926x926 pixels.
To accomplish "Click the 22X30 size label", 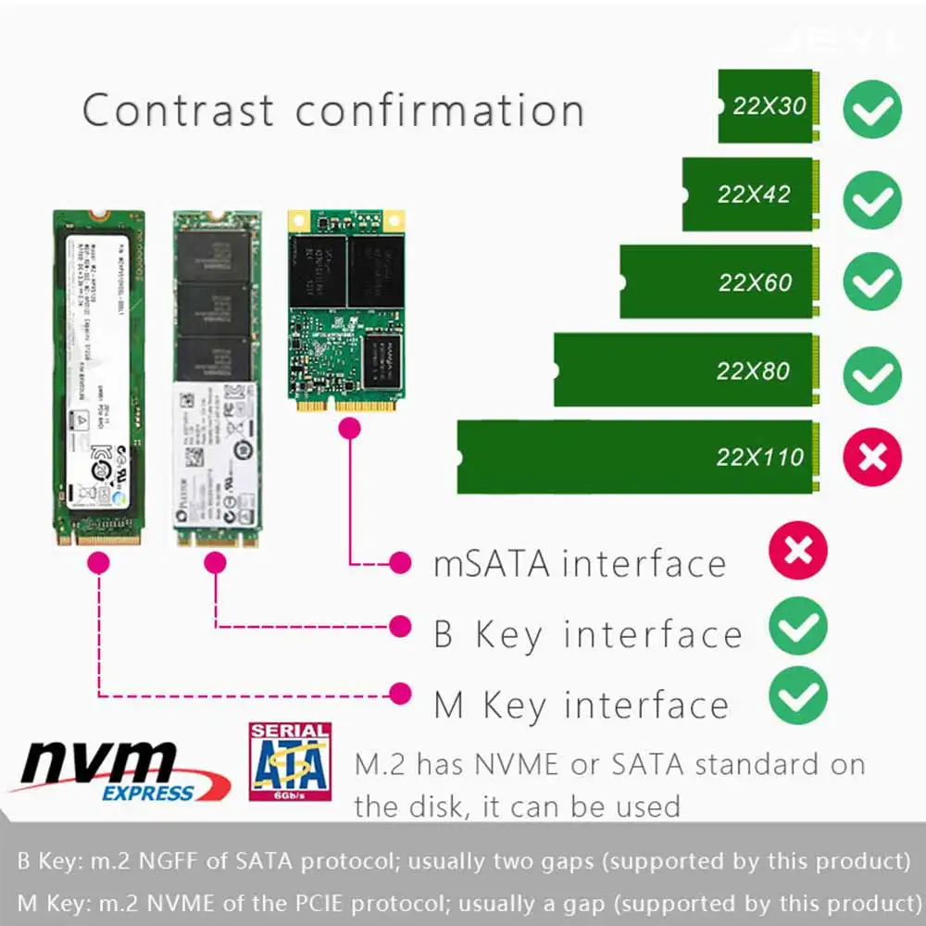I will [770, 106].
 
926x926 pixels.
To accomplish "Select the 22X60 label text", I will [755, 282].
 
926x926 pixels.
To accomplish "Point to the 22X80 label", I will [753, 370].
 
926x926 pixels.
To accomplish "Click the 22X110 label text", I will [759, 457].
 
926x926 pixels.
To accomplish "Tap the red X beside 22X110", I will [872, 457].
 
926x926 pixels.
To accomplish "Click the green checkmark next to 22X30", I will [872, 110].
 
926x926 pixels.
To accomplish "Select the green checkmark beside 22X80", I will [872, 375].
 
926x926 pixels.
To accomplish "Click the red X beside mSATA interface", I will [797, 554].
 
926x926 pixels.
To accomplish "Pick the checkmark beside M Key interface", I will [797, 696].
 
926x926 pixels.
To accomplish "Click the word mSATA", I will [491, 564].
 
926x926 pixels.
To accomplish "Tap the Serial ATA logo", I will [290, 761].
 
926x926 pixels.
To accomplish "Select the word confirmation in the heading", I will [440, 110].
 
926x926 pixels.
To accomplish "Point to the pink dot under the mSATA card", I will [350, 428].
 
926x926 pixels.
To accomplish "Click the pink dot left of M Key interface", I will [400, 693].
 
